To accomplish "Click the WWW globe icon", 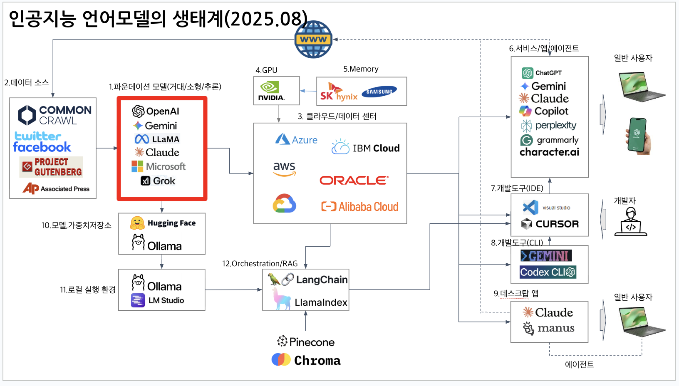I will (313, 40).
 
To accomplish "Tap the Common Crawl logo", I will (55, 115).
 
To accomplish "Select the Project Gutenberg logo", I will (52, 167).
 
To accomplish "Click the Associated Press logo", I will (56, 188).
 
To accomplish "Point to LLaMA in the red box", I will (157, 139).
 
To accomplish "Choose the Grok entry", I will (158, 181).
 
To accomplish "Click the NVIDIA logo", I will (271, 91).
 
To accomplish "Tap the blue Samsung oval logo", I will (379, 92).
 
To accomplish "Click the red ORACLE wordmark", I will (354, 180).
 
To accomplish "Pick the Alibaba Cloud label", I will (360, 206).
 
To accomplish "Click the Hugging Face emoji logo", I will (137, 223).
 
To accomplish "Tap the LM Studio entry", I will (158, 300).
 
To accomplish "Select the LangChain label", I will (322, 280).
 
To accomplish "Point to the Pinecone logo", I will (306, 342).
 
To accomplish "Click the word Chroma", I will (317, 360).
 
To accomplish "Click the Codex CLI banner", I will (548, 272).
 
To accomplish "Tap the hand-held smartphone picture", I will (638, 136).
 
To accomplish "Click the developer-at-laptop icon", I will (631, 222).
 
